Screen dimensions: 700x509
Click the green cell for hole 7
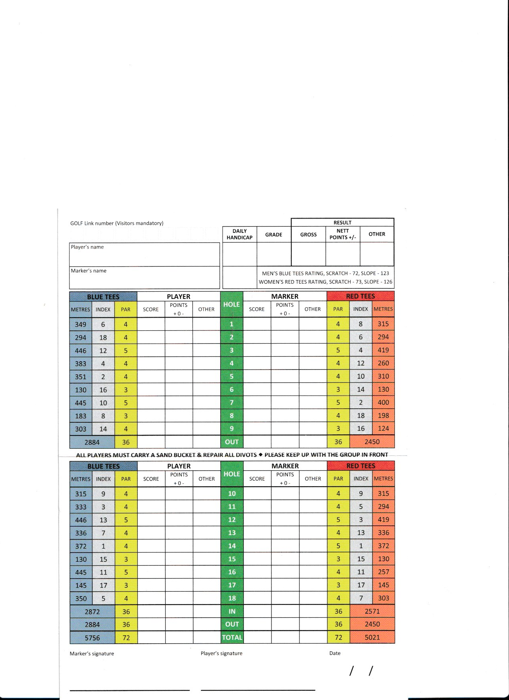point(232,402)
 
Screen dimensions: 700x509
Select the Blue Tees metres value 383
point(81,364)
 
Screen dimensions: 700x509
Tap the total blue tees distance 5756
point(92,638)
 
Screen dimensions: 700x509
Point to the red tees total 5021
point(372,637)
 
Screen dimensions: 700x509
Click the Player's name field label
point(87,247)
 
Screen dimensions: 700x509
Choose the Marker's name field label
point(89,270)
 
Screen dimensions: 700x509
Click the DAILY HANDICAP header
point(240,234)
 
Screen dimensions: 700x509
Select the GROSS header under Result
point(308,235)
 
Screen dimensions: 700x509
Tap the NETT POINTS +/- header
point(343,234)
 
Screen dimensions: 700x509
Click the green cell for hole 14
point(232,546)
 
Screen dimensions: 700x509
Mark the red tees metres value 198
point(383,416)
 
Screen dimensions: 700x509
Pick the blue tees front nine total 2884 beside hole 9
point(92,442)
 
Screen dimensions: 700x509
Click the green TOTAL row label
point(232,638)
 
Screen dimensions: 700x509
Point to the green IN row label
point(232,611)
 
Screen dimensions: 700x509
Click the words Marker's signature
point(92,654)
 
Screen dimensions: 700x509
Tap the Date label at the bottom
point(335,653)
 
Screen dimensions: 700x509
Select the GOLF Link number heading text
point(117,223)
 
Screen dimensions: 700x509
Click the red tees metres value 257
point(383,572)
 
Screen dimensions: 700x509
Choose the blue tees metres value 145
point(81,585)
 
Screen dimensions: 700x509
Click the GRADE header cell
point(274,235)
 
